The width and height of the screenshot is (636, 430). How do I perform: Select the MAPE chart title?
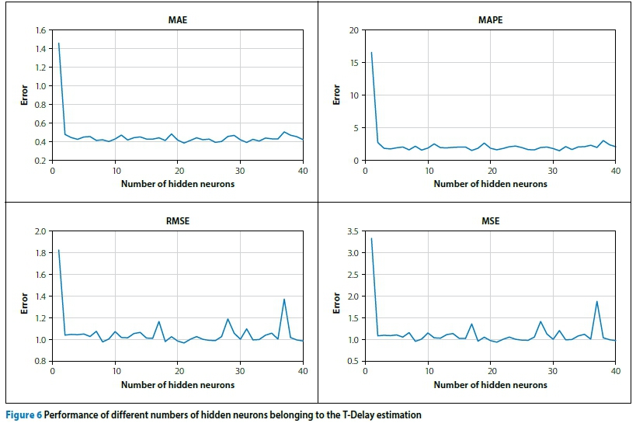(x=490, y=20)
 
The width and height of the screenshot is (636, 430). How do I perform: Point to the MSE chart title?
(x=490, y=221)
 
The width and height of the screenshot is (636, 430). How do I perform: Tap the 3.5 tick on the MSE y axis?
(x=353, y=231)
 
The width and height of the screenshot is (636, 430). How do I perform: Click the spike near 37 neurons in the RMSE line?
(x=284, y=300)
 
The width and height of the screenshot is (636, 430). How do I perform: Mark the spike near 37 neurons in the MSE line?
(x=596, y=302)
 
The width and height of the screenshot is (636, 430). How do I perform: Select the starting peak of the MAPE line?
(x=371, y=53)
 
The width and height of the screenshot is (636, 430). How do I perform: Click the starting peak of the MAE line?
(x=58, y=43)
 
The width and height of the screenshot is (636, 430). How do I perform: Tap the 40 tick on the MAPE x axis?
(x=615, y=171)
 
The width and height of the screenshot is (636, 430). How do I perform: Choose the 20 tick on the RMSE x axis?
(x=178, y=371)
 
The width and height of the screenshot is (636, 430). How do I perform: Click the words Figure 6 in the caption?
(x=23, y=415)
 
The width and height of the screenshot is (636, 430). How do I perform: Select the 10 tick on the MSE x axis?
(x=428, y=371)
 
